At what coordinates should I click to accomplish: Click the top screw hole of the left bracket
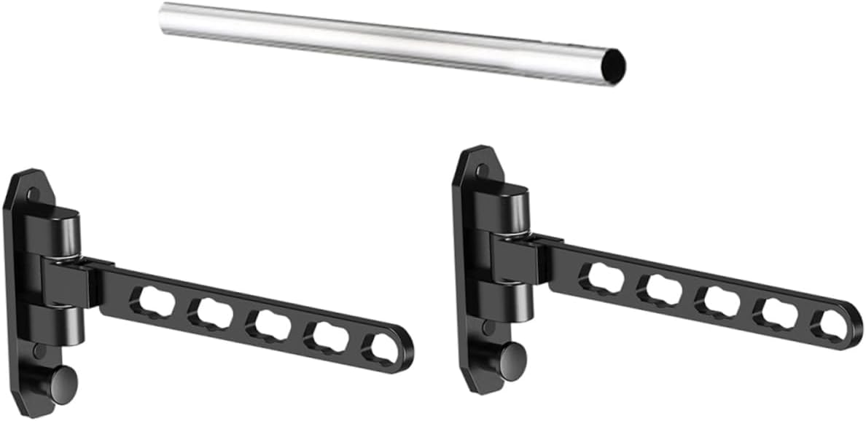[33, 194]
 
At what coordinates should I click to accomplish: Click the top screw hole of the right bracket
[483, 172]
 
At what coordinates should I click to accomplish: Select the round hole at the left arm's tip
[385, 351]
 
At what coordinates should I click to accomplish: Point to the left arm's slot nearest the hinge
[153, 301]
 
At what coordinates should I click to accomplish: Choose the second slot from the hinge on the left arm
[211, 313]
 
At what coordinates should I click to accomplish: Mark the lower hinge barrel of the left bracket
[61, 323]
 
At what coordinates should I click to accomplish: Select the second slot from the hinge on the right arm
[660, 290]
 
